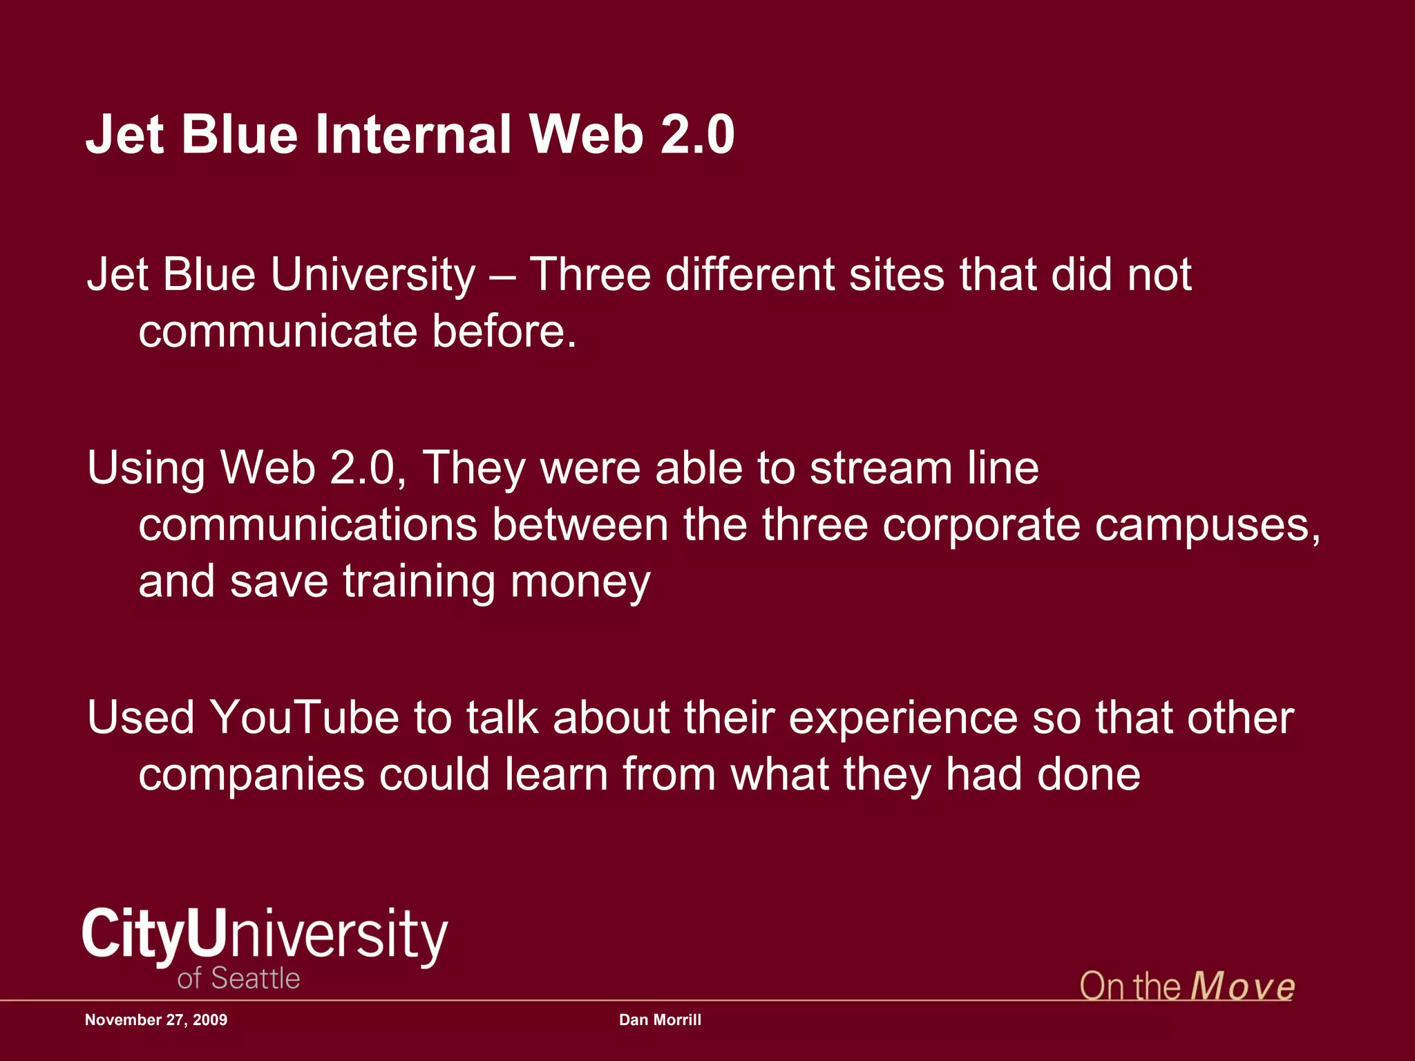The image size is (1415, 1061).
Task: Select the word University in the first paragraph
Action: click(x=373, y=275)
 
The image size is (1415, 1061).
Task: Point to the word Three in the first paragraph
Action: click(x=590, y=275)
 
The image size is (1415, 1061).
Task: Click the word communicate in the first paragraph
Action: click(x=278, y=332)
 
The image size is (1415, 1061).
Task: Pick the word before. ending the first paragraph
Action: click(x=504, y=332)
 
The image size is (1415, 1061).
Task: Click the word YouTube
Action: click(x=305, y=718)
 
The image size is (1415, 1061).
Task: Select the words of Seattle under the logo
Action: click(x=238, y=979)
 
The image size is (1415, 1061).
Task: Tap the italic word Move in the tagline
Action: click(x=1242, y=986)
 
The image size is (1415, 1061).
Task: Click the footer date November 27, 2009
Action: click(x=156, y=1020)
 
